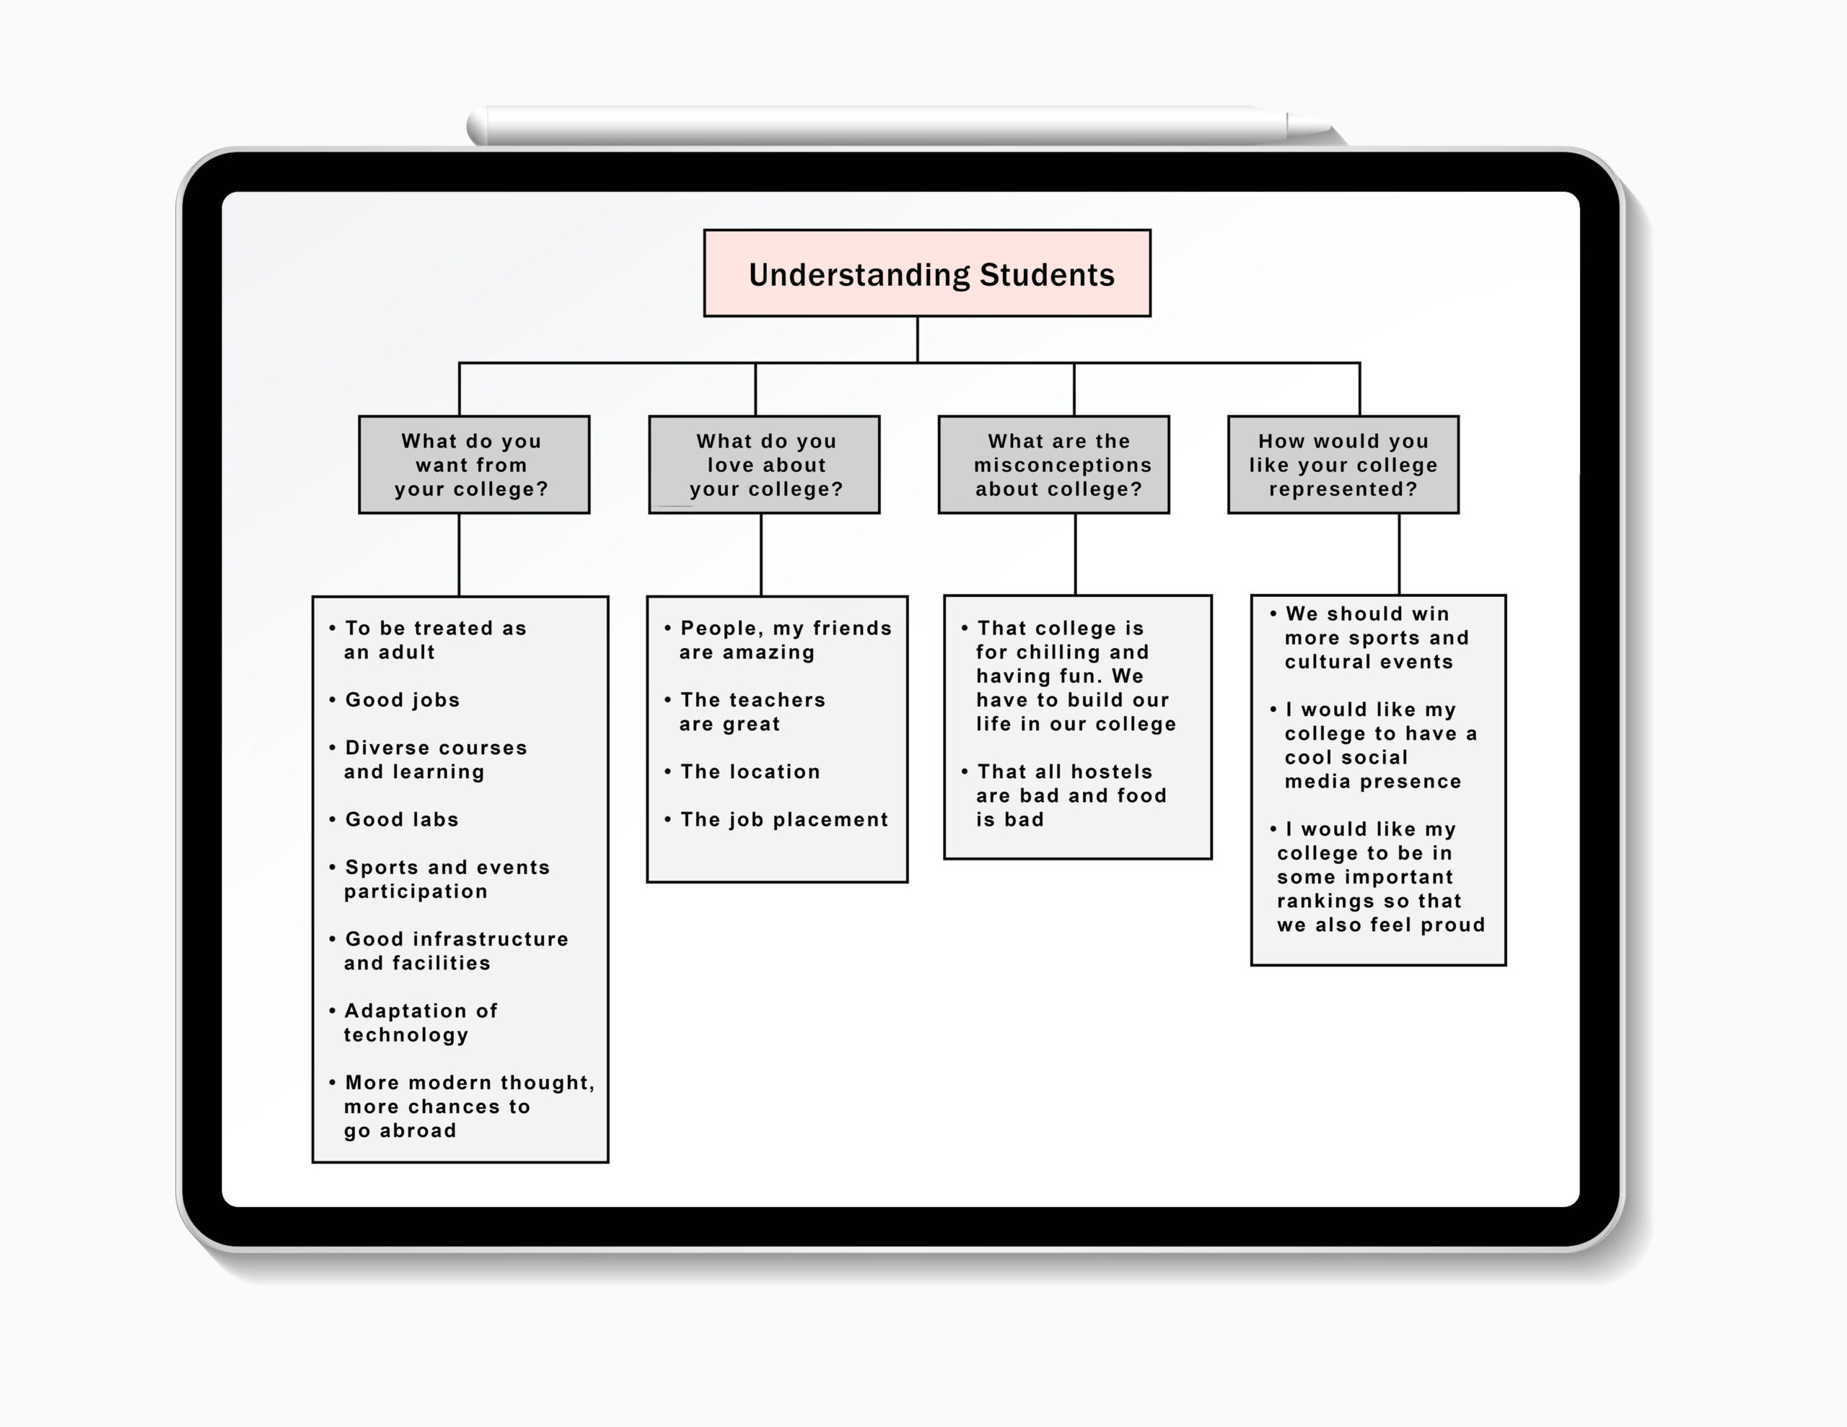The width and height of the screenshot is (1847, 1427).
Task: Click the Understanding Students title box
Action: click(927, 274)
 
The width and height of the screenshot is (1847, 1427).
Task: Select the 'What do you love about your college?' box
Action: click(765, 464)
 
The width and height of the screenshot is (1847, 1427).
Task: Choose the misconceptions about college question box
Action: click(1054, 464)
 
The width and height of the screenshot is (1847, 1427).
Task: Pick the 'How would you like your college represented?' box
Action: click(1343, 464)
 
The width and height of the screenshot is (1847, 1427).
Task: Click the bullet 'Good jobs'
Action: click(394, 699)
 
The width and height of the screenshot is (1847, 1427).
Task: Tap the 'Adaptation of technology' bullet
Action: click(413, 1023)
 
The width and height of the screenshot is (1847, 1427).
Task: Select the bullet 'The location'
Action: click(742, 772)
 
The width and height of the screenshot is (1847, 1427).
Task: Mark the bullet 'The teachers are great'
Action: click(745, 712)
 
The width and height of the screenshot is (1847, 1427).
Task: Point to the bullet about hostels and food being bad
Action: click(1064, 795)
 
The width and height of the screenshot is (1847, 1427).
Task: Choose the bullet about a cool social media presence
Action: click(1374, 745)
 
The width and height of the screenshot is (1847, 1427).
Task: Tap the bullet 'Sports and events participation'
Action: click(439, 879)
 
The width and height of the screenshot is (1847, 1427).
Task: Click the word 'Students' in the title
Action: click(1047, 275)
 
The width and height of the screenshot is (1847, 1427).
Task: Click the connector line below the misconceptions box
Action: click(1075, 554)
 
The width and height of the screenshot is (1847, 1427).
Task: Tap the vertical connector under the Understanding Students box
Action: click(918, 340)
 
